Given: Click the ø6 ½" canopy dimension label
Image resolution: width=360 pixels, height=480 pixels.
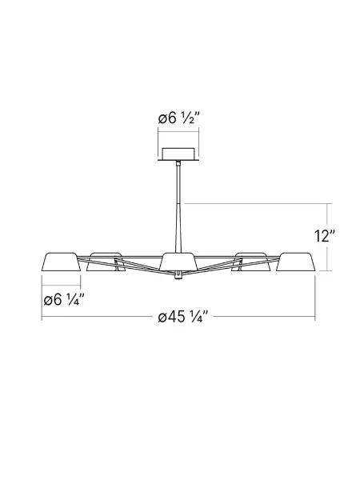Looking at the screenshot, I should [x=178, y=119].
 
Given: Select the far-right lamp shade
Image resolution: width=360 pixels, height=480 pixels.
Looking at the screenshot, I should [x=295, y=262].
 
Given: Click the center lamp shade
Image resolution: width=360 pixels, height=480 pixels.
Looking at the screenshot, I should [x=178, y=261].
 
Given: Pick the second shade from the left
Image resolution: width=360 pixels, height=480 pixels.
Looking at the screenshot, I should [x=103, y=261].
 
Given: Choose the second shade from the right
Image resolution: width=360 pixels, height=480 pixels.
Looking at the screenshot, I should [x=250, y=261].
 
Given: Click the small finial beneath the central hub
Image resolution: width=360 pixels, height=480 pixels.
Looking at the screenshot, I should [x=177, y=278].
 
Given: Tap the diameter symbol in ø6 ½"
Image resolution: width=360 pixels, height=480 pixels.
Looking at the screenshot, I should [x=162, y=119].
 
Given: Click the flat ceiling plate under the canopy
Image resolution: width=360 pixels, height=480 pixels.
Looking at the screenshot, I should [x=178, y=160].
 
